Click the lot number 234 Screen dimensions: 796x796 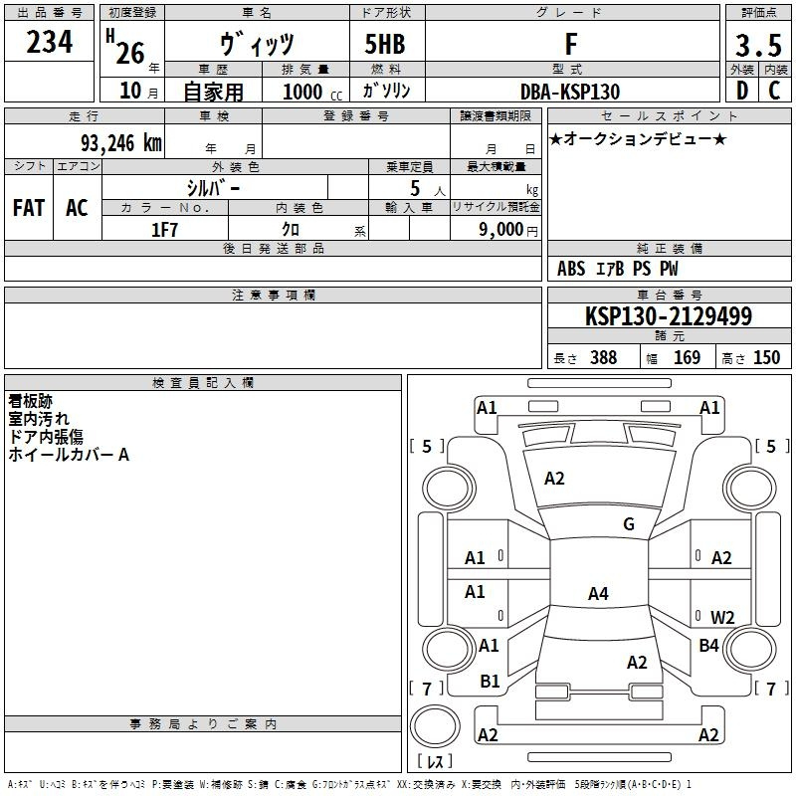(49, 44)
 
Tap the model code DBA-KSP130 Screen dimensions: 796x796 (570, 92)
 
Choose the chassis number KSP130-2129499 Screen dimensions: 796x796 (668, 316)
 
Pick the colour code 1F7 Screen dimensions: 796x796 (164, 229)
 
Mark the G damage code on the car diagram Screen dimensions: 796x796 (628, 524)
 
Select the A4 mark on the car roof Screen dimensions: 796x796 (597, 594)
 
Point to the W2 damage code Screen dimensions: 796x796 (722, 618)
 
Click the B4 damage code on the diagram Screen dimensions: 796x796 (708, 646)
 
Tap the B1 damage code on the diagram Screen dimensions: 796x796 (490, 682)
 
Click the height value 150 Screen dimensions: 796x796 (766, 358)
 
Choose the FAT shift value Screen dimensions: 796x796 (28, 208)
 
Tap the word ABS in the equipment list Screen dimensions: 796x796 (571, 269)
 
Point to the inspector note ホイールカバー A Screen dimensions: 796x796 (69, 455)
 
